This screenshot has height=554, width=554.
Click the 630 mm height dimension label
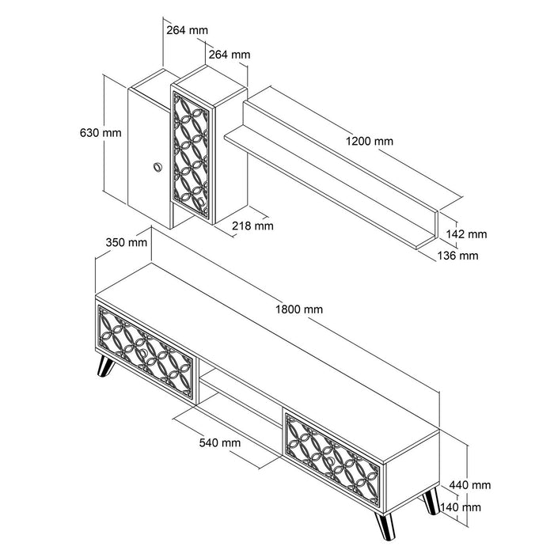coord(101,133)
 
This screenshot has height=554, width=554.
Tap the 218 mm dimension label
coord(253,226)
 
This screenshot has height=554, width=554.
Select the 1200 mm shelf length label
coord(369,142)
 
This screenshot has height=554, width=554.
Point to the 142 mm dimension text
coord(466,234)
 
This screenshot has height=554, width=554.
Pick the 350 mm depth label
coord(126,242)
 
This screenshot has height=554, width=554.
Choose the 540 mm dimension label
coord(220,443)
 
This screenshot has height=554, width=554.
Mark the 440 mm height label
coord(470,485)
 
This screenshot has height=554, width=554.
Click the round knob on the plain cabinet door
coord(156,166)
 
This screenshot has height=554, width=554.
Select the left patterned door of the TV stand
coord(146,351)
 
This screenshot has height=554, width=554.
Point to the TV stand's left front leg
coord(104,367)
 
